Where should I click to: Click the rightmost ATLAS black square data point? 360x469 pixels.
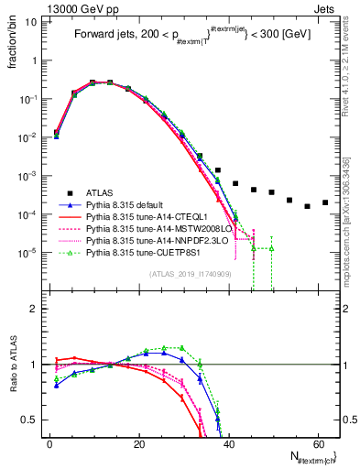click(x=325, y=202)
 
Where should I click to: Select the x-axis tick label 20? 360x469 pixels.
click(x=138, y=442)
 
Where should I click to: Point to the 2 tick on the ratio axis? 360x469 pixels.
click(x=38, y=309)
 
